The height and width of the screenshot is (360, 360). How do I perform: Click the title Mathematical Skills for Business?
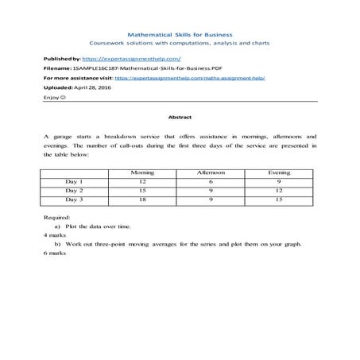[x=179, y=35]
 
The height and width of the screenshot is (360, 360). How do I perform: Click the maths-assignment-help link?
[x=189, y=79]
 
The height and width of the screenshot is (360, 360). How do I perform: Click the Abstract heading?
[x=180, y=117]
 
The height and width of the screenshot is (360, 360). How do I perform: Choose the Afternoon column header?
[x=211, y=172]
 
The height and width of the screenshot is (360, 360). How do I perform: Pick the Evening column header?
[x=279, y=172]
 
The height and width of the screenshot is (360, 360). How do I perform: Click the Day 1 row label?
[x=75, y=182]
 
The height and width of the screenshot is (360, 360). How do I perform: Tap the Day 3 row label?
[x=75, y=200]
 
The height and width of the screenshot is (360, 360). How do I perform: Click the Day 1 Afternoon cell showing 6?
[x=211, y=182]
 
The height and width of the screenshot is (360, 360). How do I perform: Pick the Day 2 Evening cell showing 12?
[x=279, y=191]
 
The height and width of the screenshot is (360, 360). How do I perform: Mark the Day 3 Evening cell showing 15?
[x=279, y=200]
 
